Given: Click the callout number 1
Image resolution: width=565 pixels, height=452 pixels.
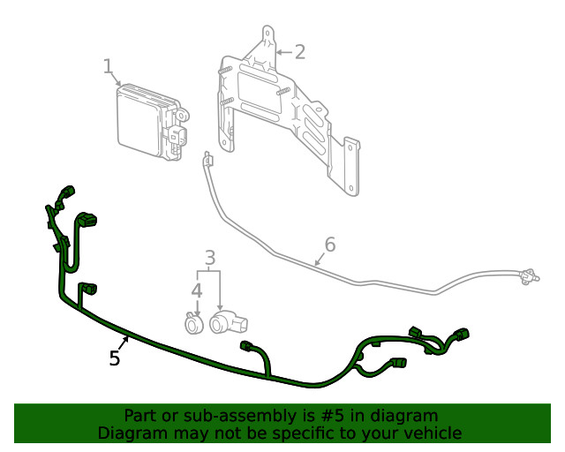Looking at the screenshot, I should click(x=108, y=66).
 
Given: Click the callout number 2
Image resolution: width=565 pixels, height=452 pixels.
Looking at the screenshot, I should click(x=299, y=51).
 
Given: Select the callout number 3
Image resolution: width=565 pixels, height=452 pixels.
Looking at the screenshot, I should click(x=210, y=258).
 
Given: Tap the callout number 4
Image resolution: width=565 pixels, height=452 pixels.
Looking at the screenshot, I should click(x=196, y=290).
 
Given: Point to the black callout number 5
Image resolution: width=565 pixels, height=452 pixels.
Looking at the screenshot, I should click(x=114, y=358).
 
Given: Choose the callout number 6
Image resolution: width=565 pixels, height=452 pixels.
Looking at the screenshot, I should click(x=329, y=244).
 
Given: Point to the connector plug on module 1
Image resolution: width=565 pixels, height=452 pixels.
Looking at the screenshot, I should click(x=179, y=134).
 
